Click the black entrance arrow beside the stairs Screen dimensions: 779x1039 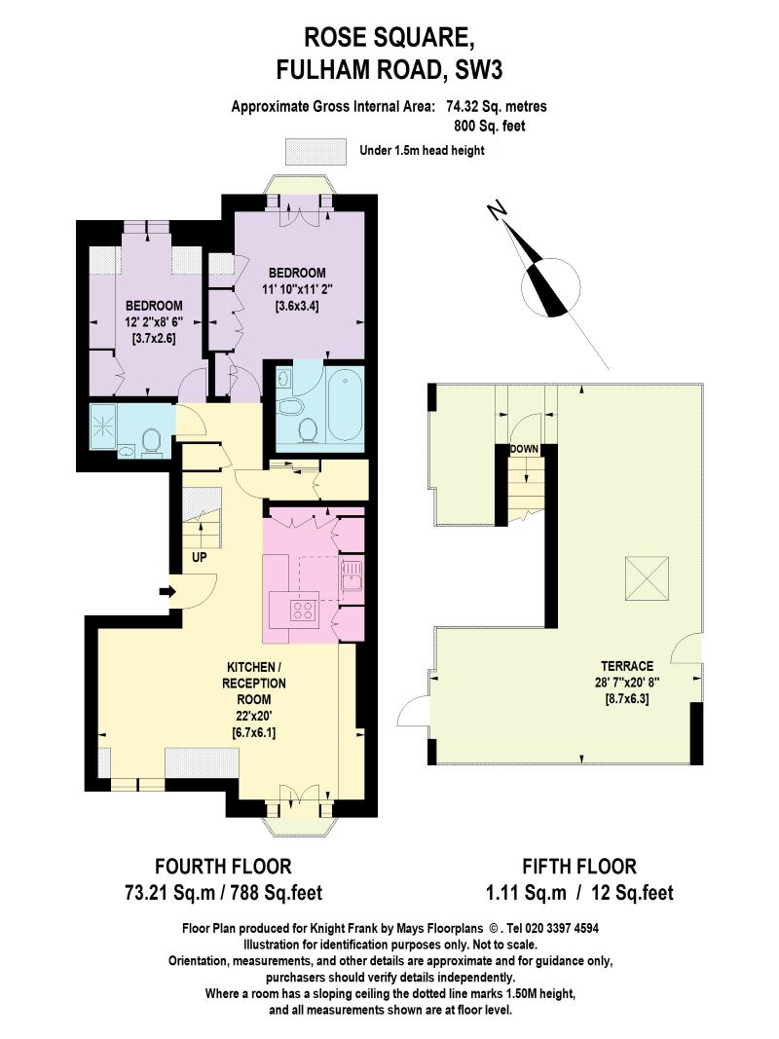pos(167,592)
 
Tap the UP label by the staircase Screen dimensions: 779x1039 pos(200,557)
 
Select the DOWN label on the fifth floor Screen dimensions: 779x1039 pos(524,449)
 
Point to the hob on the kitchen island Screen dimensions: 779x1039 pos(304,611)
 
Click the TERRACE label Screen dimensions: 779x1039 pos(627,666)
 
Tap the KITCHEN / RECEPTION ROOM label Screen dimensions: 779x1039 pos(254,683)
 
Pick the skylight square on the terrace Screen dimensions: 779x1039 pos(647,578)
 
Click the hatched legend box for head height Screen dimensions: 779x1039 pos(315,152)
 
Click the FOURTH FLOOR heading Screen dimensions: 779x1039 pos(223,866)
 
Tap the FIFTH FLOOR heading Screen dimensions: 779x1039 pos(579,866)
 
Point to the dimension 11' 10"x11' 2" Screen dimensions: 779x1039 pos(297,289)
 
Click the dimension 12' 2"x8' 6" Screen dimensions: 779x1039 pos(154,322)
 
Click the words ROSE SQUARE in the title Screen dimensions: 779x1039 pos(389,38)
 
